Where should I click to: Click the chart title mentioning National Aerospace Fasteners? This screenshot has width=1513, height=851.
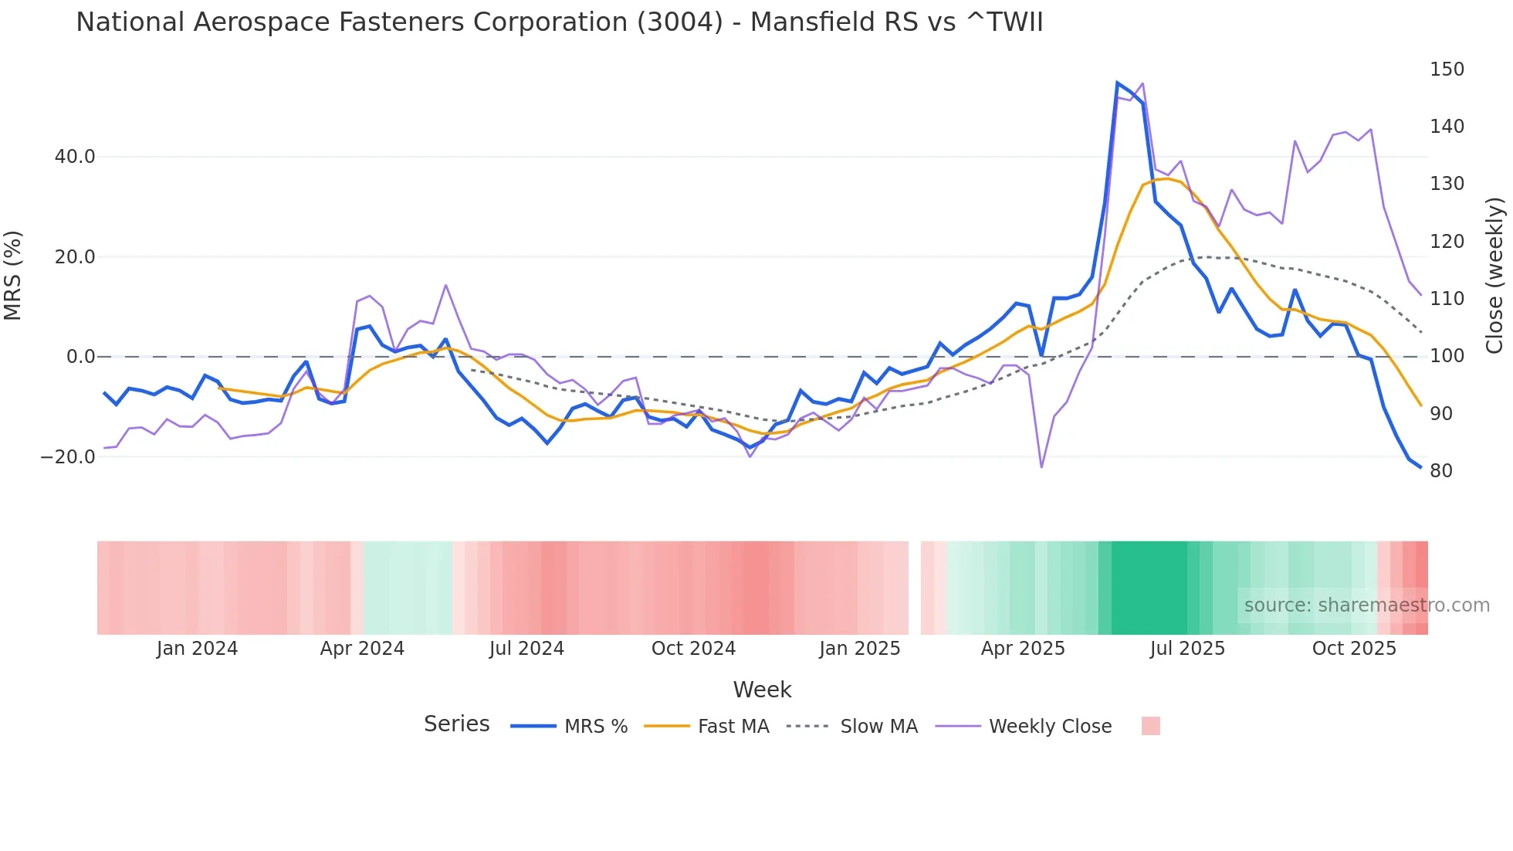click(x=559, y=22)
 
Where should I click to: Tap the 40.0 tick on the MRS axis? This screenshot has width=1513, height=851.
click(x=75, y=157)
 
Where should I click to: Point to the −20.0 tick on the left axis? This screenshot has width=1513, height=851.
click(x=68, y=457)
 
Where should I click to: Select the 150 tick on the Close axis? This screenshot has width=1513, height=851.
click(x=1447, y=70)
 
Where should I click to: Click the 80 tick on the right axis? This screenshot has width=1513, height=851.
click(x=1441, y=471)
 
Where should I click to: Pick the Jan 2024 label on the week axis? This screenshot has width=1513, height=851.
click(x=197, y=649)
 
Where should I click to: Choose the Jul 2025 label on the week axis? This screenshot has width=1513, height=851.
click(x=1187, y=649)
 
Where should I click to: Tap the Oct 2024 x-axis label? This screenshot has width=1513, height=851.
click(x=693, y=649)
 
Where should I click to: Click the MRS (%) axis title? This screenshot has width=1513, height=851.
click(x=13, y=275)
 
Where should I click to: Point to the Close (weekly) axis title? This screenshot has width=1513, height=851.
click(x=1495, y=275)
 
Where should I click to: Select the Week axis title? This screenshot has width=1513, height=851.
click(x=762, y=690)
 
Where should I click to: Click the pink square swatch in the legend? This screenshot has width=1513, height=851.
click(x=1150, y=726)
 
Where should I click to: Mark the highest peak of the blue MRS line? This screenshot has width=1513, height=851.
click(x=1118, y=83)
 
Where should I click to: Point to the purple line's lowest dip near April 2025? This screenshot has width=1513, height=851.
click(x=1041, y=466)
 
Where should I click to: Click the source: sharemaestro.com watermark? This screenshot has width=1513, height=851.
click(x=1366, y=605)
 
